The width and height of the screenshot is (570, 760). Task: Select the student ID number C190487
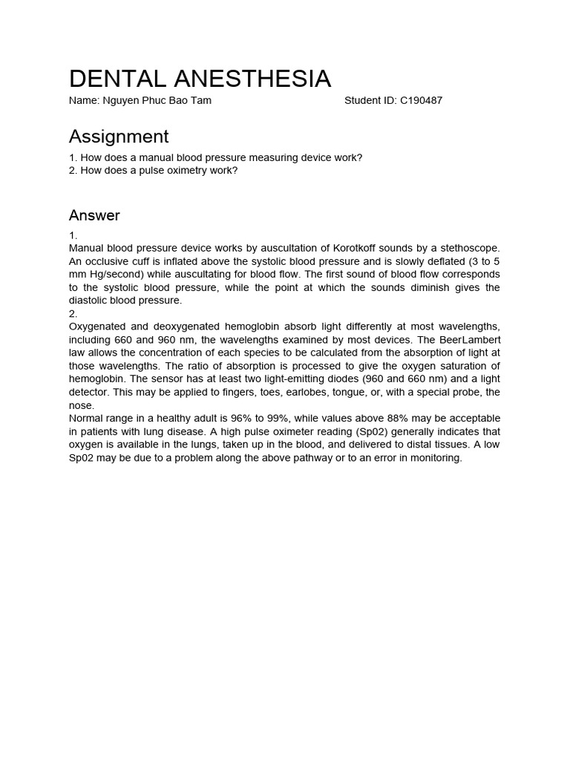(x=421, y=100)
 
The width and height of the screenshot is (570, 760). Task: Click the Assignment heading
(x=119, y=137)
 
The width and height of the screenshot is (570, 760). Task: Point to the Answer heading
(x=94, y=216)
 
